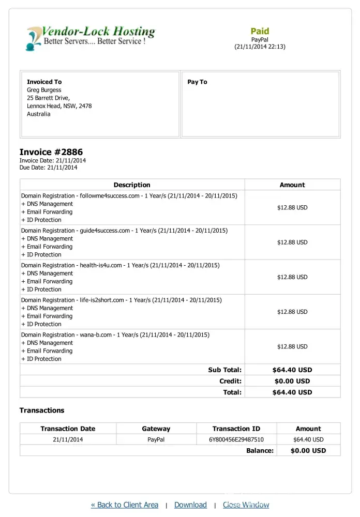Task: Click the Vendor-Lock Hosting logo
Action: [91, 37]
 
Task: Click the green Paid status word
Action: [260, 31]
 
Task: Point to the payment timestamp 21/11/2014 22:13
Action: [260, 47]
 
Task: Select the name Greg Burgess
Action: [44, 90]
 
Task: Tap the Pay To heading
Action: [197, 82]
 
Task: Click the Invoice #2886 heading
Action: [51, 152]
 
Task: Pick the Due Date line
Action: [48, 168]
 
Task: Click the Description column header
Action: [132, 185]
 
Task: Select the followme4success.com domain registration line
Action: [129, 196]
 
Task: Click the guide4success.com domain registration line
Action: [124, 231]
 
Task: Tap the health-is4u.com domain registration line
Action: [120, 265]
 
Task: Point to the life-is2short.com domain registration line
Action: [121, 300]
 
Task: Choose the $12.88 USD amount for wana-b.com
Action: [292, 346]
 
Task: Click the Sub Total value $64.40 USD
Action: [292, 370]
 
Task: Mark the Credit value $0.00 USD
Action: [292, 381]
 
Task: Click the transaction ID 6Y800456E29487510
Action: [236, 440]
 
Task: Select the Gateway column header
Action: [156, 429]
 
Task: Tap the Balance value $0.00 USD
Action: [308, 450]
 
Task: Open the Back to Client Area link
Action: [125, 505]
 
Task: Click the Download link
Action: [190, 505]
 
